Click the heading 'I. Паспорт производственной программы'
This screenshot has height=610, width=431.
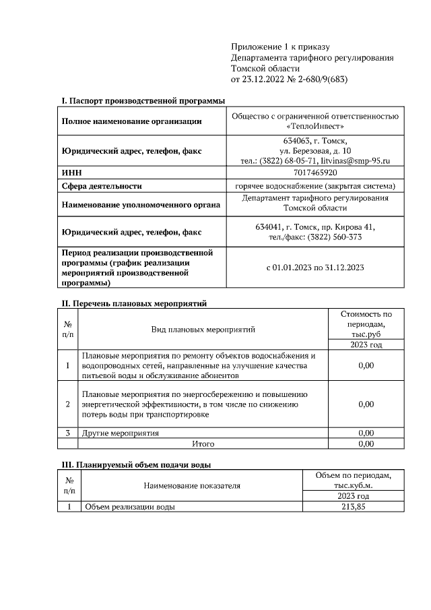point(143,100)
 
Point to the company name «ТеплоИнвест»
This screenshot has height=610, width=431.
point(315,127)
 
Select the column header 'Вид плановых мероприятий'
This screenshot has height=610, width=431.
point(203,330)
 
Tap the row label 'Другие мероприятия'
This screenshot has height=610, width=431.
point(121,433)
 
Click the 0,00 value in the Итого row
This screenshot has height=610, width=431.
point(366,444)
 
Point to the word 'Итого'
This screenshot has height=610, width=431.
point(203,444)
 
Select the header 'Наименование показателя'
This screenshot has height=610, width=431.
point(192,485)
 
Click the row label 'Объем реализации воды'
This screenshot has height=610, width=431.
point(128,507)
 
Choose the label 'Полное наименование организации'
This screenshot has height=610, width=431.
point(131,122)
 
